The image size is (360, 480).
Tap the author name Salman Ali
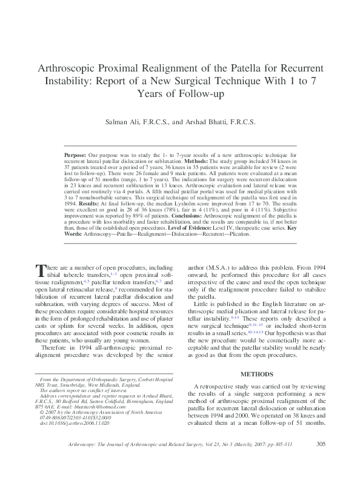pyautogui.click(x=124, y=122)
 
